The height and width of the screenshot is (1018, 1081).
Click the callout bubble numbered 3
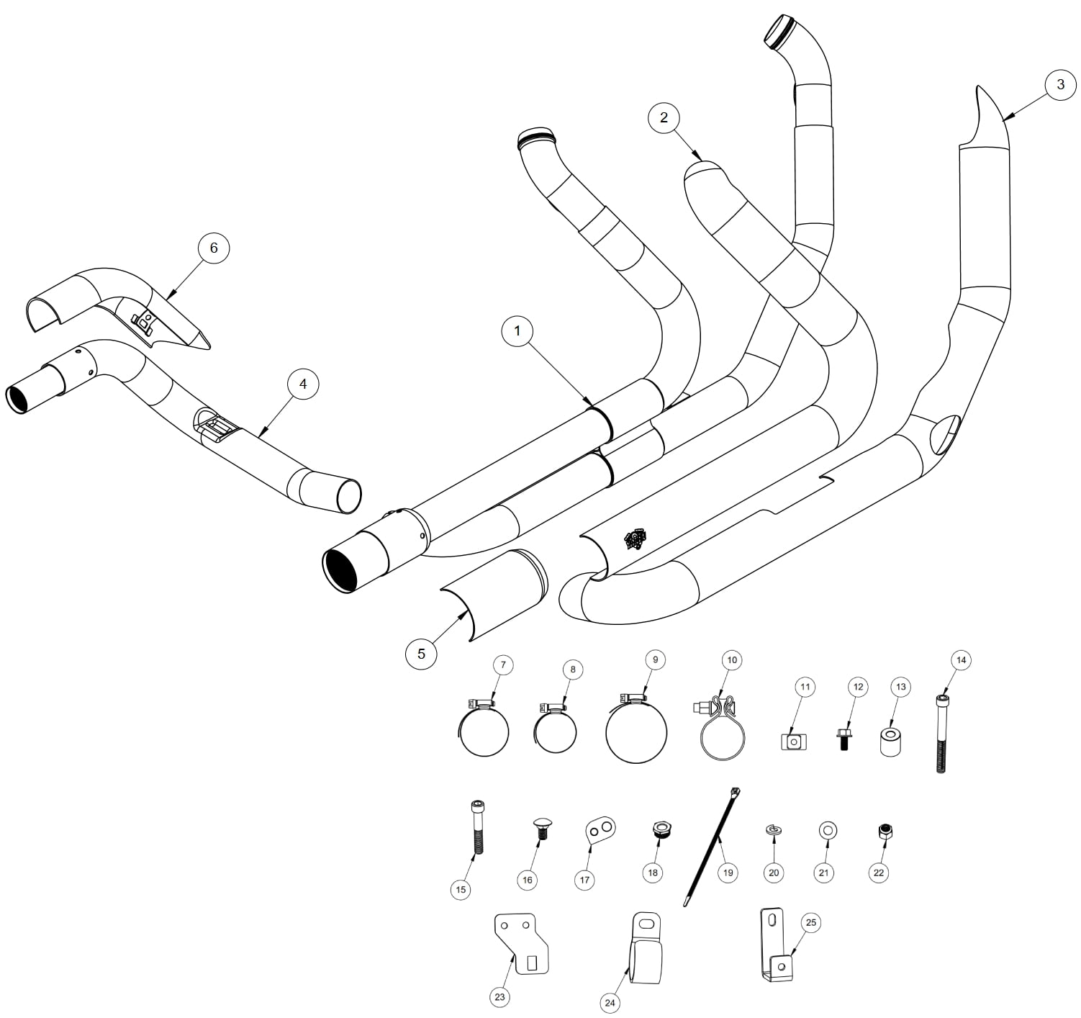[x=1060, y=84]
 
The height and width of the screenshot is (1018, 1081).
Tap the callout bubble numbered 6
[x=213, y=248]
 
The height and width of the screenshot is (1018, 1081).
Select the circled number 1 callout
[x=517, y=330]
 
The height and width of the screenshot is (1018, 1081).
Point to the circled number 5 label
[x=421, y=654]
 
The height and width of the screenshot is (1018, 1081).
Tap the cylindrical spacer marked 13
[x=890, y=739]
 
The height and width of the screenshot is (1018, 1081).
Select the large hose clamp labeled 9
[x=636, y=730]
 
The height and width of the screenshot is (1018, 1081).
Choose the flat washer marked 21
[x=828, y=831]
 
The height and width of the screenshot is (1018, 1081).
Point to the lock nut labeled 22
[x=885, y=832]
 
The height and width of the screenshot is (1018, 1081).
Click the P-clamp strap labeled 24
[x=646, y=947]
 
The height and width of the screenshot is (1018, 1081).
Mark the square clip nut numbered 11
[x=794, y=742]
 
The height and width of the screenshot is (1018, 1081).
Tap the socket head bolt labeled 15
[x=476, y=826]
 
